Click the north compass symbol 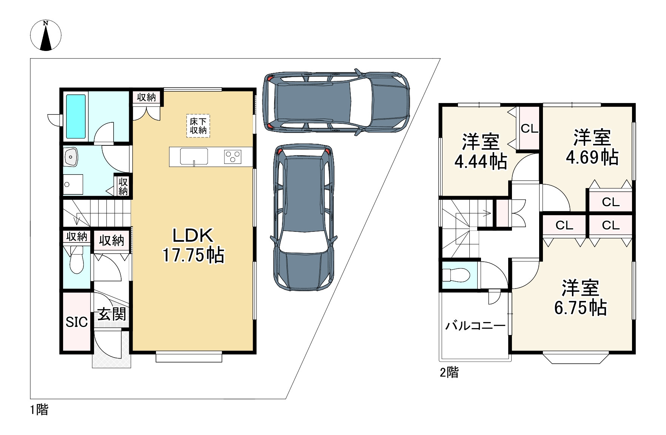tap(46, 35)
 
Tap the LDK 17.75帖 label tap(193, 245)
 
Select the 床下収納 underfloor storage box tap(198, 126)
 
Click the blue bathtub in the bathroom tap(76, 116)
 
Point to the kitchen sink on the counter tap(194, 156)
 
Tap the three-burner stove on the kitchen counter tap(233, 156)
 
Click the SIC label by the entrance tap(77, 322)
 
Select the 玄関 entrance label tap(111, 314)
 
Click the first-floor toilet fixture tap(77, 260)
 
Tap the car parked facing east tap(336, 102)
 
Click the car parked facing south tap(304, 217)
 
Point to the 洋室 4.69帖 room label tap(592, 147)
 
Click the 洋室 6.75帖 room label tap(580, 298)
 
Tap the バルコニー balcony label tap(475, 325)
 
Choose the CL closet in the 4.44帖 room tap(529, 129)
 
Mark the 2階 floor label tap(449, 373)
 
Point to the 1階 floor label tap(39, 409)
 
